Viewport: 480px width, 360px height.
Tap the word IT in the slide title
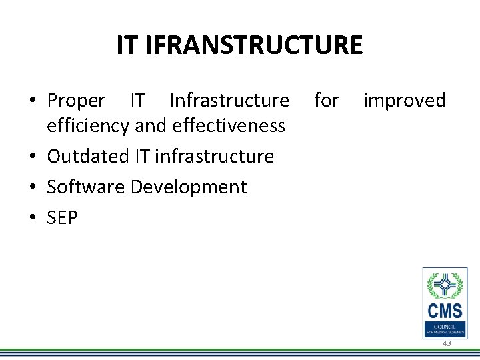(127, 45)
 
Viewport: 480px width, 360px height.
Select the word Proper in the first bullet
(76, 101)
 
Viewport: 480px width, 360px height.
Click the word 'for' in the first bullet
(326, 101)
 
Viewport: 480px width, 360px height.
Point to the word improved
(404, 101)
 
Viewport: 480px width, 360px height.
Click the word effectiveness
(229, 125)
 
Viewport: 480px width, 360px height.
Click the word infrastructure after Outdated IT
(214, 156)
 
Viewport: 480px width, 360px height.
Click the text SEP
(62, 217)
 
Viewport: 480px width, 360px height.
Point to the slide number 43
(447, 343)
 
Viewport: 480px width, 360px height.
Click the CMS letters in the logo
(445, 310)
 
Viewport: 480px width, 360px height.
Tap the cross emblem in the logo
(445, 286)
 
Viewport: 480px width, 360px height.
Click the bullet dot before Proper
(32, 101)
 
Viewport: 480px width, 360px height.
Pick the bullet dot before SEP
(32, 218)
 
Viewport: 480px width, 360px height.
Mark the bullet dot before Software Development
(32, 187)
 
